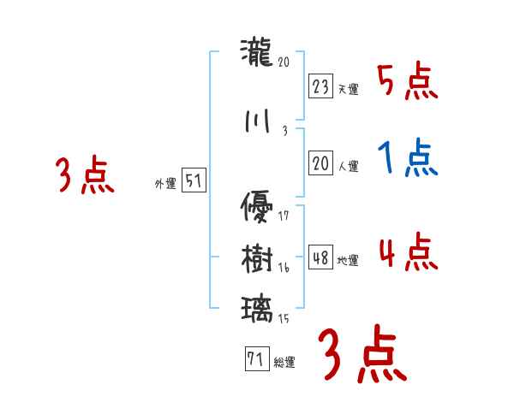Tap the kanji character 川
click(x=257, y=122)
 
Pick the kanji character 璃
click(x=257, y=308)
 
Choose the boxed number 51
click(x=194, y=180)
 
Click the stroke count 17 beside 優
click(x=284, y=216)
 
